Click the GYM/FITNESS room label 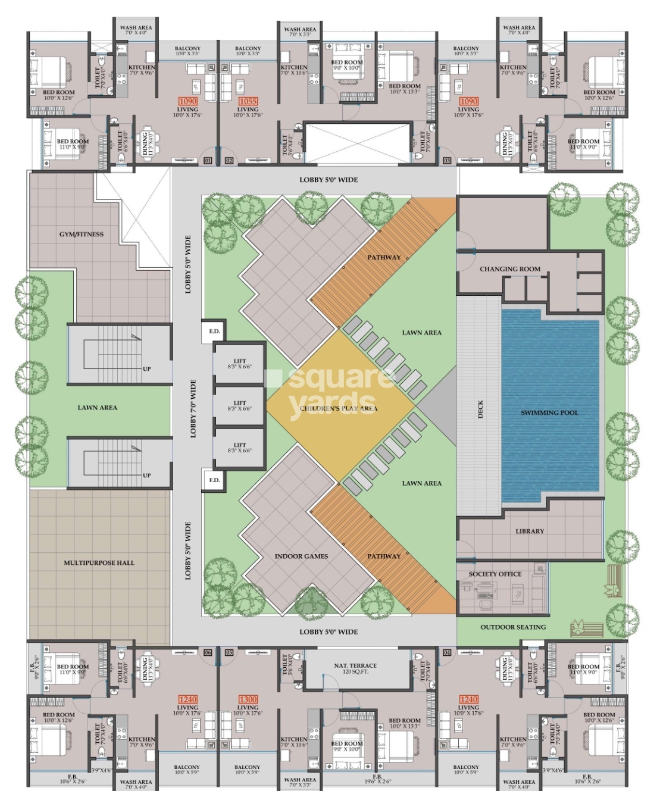[81, 235]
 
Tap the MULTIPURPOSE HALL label [99, 562]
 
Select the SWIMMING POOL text [549, 412]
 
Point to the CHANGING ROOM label [510, 269]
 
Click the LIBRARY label [529, 531]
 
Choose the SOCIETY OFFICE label [495, 574]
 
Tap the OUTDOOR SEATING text [512, 627]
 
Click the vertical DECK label [480, 409]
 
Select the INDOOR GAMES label [301, 556]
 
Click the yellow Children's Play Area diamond [340, 408]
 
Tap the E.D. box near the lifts [214, 332]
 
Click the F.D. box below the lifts [214, 480]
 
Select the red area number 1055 [248, 101]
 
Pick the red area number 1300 [248, 699]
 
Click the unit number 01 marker [208, 161]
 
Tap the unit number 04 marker [446, 652]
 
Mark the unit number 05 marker [229, 652]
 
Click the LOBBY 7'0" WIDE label [193, 409]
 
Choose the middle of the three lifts [239, 406]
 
